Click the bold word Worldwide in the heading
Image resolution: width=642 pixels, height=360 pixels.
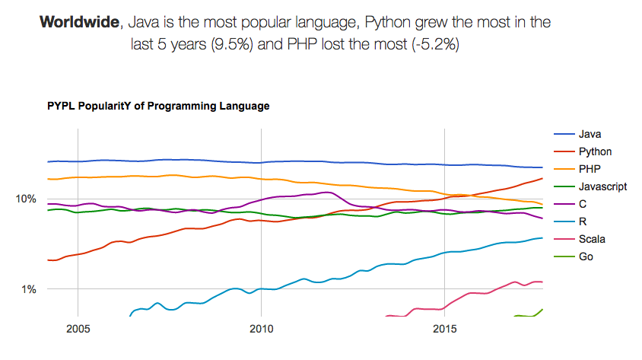point(78,22)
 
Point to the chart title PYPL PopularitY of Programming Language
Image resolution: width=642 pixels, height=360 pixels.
point(158,106)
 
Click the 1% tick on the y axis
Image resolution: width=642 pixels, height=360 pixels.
point(29,289)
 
